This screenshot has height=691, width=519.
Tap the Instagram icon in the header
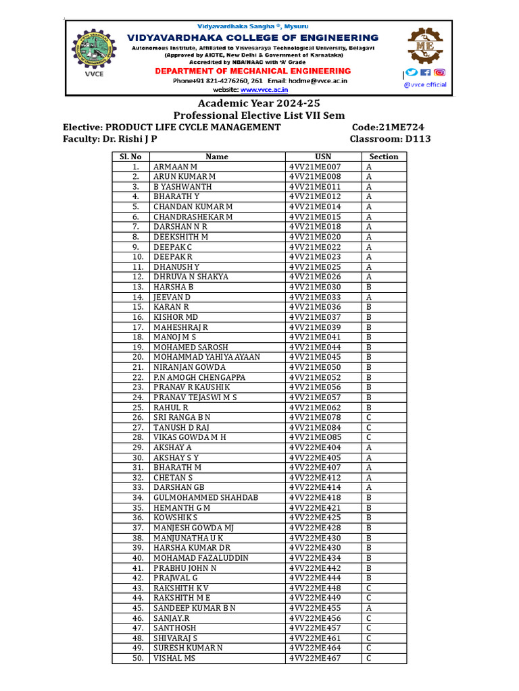tap(440, 72)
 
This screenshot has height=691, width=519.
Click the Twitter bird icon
tap(412, 72)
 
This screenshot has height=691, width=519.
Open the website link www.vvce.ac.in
tap(264, 89)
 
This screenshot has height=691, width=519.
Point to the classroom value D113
tap(418, 139)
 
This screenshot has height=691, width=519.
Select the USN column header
tap(323, 157)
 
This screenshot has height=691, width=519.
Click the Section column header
tap(384, 157)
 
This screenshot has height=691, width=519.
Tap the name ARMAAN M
tap(176, 167)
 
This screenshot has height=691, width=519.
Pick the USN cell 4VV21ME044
tap(315, 348)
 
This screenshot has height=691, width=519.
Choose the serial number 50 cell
tap(137, 658)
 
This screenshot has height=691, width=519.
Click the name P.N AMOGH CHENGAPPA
tap(199, 377)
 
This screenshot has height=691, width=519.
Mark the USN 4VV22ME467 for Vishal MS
tap(315, 658)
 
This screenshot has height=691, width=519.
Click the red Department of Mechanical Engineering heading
tap(253, 71)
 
